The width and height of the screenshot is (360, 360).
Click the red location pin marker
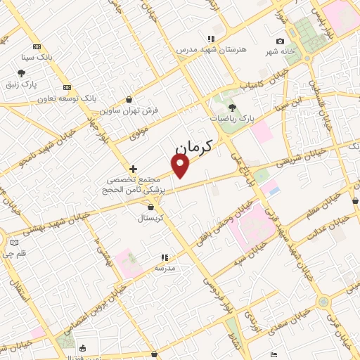(181, 165)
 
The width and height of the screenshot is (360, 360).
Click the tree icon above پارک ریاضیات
(232, 108)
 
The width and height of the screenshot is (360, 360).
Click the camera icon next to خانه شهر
(281, 41)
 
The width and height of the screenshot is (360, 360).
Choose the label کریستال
(151, 218)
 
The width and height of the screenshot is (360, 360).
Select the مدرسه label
(164, 268)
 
